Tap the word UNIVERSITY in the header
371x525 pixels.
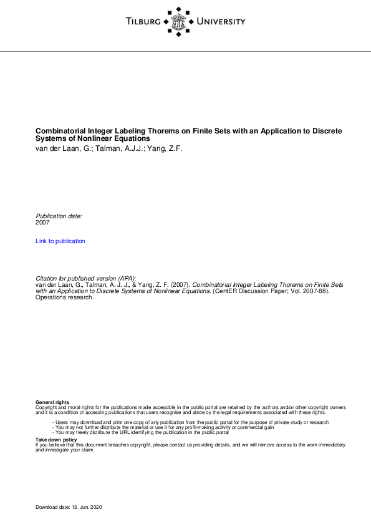pos(221,22)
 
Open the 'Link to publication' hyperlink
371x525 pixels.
pos(60,241)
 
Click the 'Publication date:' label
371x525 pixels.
pos(59,216)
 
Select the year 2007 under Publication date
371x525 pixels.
pos(42,222)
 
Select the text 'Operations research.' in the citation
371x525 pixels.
pos(64,297)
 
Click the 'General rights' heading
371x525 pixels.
pos(52,402)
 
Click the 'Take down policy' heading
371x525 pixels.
pos(56,439)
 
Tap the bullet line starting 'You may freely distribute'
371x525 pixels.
pos(142,432)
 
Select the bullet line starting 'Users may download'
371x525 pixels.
pos(190,422)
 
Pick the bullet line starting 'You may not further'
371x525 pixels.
pos(163,427)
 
